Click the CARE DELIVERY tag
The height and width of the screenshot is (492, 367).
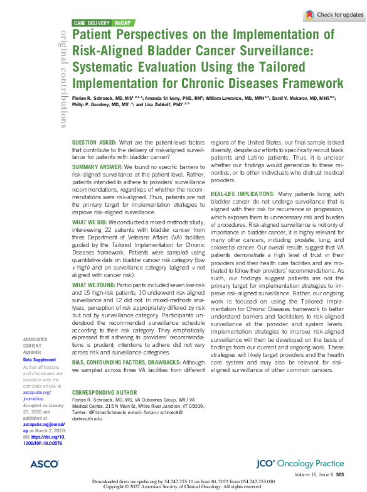93,22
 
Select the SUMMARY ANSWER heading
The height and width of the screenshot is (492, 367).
97,167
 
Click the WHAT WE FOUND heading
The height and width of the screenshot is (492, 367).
92,285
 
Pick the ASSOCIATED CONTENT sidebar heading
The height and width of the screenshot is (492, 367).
36,342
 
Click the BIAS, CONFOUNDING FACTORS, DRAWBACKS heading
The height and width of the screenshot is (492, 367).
125,363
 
